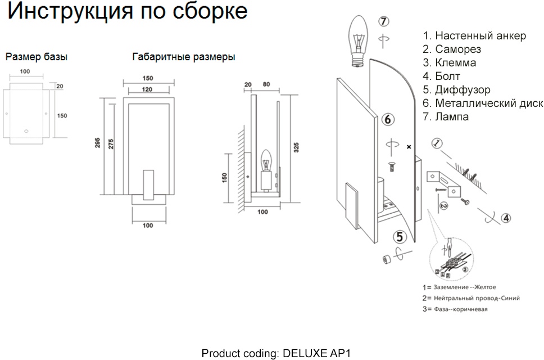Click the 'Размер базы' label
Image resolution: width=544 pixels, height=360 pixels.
coord(37,57)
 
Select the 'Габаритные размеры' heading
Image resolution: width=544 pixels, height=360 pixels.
coord(184,57)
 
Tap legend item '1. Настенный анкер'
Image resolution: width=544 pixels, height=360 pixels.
coord(474,36)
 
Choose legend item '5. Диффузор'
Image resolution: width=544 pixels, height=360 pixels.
coord(456,90)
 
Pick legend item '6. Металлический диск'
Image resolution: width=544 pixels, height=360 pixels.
coord(483,103)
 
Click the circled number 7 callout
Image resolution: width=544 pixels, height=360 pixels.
coord(383,22)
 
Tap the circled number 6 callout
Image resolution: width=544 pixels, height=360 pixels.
coord(388,119)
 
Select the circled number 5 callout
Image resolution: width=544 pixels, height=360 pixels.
coord(400,237)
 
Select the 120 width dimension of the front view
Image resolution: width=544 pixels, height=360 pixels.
coord(148,90)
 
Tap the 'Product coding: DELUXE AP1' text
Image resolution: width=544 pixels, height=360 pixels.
coord(276,353)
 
